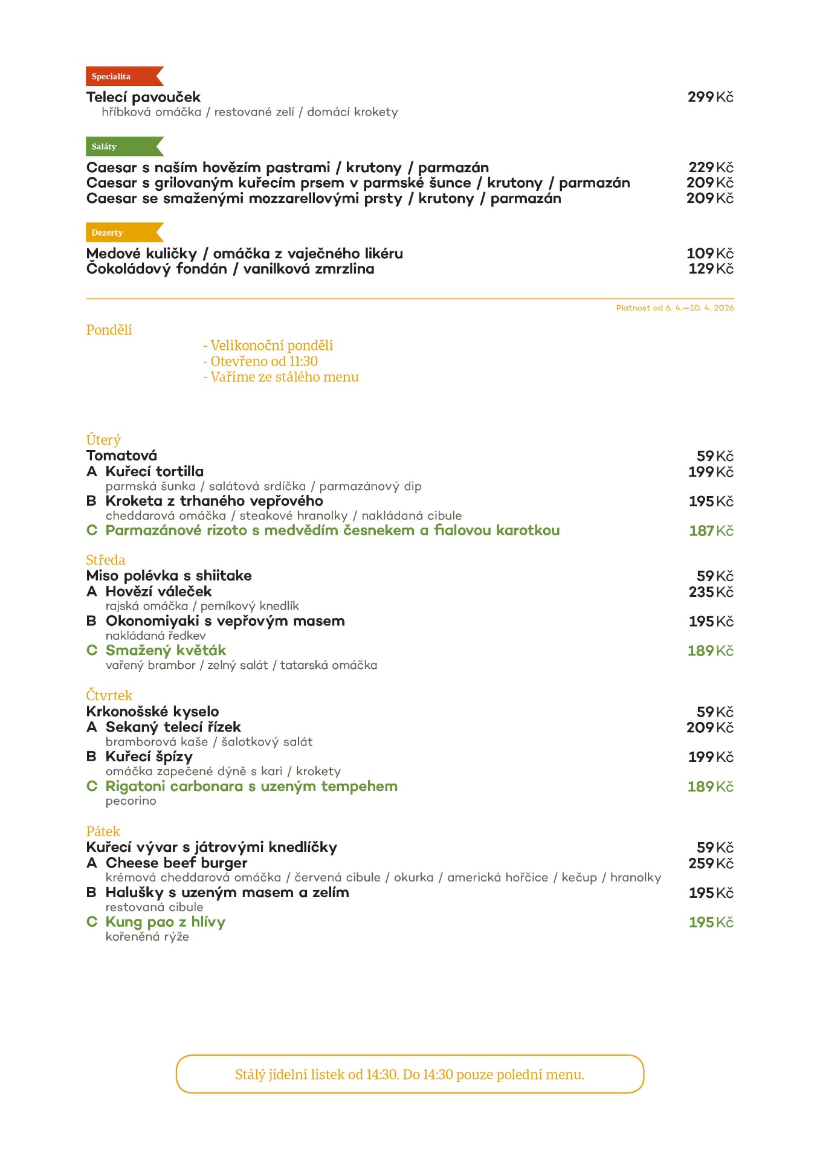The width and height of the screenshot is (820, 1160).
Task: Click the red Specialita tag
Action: click(x=121, y=76)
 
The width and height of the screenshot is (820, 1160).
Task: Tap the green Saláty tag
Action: click(x=121, y=146)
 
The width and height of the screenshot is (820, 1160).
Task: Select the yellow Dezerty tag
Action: click(x=121, y=233)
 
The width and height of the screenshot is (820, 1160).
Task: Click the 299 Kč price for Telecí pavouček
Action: click(x=710, y=97)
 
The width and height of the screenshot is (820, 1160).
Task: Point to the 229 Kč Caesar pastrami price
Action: click(x=711, y=167)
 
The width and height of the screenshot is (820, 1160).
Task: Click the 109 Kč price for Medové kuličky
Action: click(x=709, y=253)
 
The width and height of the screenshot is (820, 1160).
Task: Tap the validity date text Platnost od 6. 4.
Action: click(x=674, y=308)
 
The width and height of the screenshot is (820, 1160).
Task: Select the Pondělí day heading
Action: click(x=109, y=330)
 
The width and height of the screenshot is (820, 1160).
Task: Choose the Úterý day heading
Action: click(x=103, y=440)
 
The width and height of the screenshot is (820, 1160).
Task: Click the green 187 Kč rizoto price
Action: click(x=711, y=530)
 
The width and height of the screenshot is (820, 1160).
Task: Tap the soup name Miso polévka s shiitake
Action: click(x=169, y=575)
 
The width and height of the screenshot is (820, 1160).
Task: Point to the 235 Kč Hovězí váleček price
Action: click(x=711, y=591)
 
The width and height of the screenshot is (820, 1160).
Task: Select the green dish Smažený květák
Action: click(x=165, y=650)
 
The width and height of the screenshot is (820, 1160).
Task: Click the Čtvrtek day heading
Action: click(x=109, y=695)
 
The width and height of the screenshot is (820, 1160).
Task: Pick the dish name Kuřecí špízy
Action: click(x=149, y=756)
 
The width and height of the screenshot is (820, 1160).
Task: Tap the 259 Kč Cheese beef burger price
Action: click(x=711, y=863)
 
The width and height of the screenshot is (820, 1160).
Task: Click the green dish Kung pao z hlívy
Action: click(x=165, y=921)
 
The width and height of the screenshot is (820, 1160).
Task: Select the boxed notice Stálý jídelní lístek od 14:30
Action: click(x=410, y=1074)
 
